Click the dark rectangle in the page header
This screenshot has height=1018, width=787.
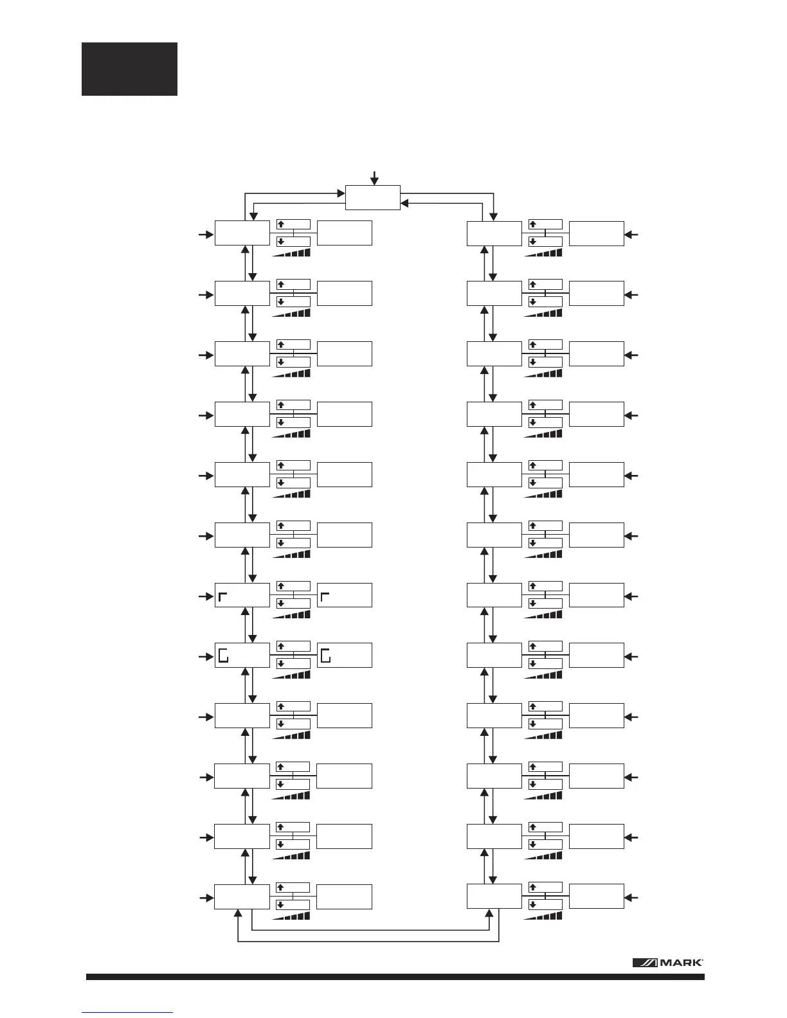pos(129,69)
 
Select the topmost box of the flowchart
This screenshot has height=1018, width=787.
pos(373,197)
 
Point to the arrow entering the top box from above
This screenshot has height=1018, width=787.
pos(374,177)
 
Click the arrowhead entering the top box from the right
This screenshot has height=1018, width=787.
pos(405,203)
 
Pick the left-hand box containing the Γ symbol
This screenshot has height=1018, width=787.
pos(242,595)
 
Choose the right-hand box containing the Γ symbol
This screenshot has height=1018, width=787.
pos(345,595)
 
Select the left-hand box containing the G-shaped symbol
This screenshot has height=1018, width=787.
pos(242,656)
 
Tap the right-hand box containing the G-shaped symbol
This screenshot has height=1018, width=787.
pos(345,656)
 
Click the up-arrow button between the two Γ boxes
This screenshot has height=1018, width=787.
pos(293,586)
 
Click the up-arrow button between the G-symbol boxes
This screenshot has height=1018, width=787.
pos(293,646)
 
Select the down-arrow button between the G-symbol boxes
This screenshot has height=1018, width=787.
pos(293,664)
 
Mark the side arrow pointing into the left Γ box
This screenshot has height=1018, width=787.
pos(205,596)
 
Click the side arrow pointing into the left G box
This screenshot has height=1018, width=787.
pos(205,657)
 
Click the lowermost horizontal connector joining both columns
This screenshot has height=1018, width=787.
pos(368,942)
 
